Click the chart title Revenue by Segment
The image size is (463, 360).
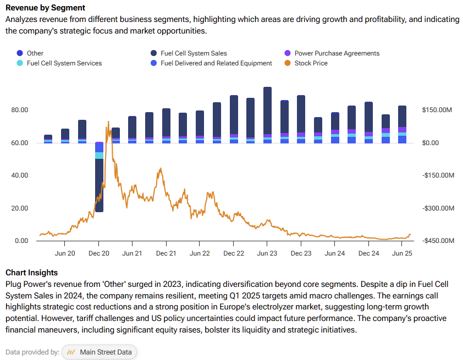point(45,8)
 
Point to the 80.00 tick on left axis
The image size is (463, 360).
point(20,110)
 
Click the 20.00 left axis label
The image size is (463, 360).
point(20,208)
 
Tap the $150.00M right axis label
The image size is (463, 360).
point(438,110)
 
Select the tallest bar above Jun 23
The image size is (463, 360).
point(267,110)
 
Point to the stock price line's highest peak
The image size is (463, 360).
point(108,122)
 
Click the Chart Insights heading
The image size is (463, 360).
point(31,273)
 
